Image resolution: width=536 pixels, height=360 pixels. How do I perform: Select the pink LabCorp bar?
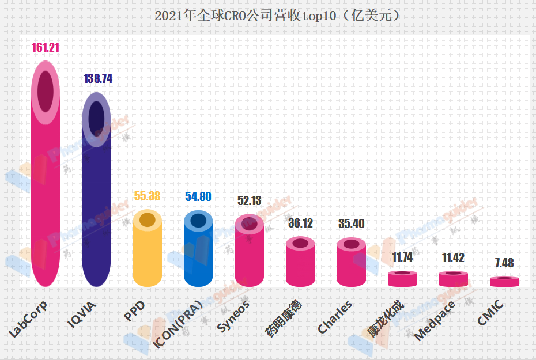(46, 190)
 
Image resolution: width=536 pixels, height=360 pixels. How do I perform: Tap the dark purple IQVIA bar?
(96, 202)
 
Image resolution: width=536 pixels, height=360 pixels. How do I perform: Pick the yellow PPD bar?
(148, 253)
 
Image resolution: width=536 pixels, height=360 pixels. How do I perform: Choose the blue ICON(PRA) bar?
(198, 253)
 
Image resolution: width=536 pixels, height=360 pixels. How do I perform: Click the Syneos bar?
(249, 256)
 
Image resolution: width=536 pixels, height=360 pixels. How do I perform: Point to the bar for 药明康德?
(300, 265)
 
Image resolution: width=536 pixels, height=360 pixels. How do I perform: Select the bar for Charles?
(351, 265)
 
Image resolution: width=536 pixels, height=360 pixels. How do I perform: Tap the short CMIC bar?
(504, 282)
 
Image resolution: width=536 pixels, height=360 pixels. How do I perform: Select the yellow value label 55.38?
(148, 196)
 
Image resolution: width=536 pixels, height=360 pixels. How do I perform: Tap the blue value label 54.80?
(198, 196)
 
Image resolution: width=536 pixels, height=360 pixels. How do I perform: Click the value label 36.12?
(300, 223)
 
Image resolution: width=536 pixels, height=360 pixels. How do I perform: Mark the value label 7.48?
(504, 263)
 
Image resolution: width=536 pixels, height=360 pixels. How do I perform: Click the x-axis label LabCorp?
(28, 319)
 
